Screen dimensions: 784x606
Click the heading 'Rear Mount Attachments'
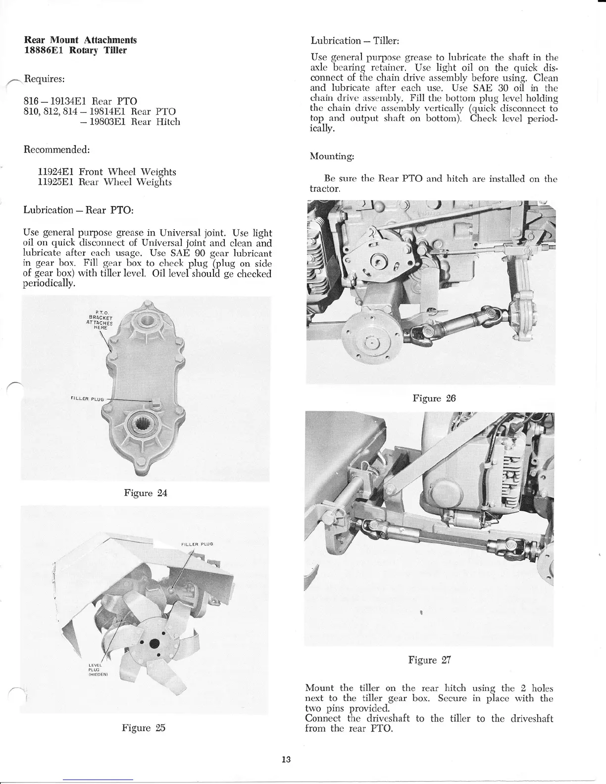pos(80,40)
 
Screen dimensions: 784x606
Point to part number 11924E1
pos(56,172)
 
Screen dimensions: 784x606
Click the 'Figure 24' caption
pos(146,493)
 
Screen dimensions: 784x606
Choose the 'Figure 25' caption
pos(144,728)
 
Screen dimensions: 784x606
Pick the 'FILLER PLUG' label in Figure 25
pos(197,544)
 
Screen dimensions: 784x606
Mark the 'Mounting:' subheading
pos(331,156)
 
